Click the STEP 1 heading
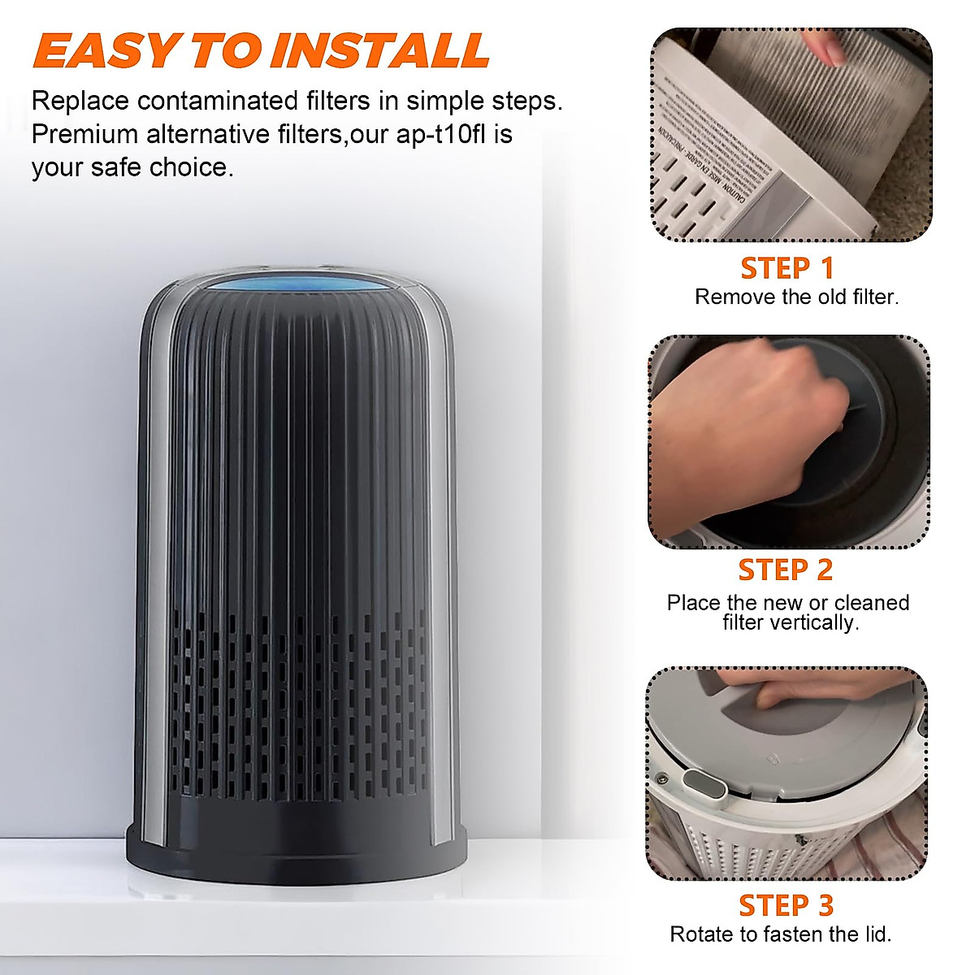[x=787, y=268]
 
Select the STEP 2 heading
[x=786, y=570]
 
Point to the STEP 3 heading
[x=786, y=905]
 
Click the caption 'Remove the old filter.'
[x=796, y=297]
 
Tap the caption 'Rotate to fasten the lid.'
[x=780, y=934]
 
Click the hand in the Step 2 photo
[x=731, y=422]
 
